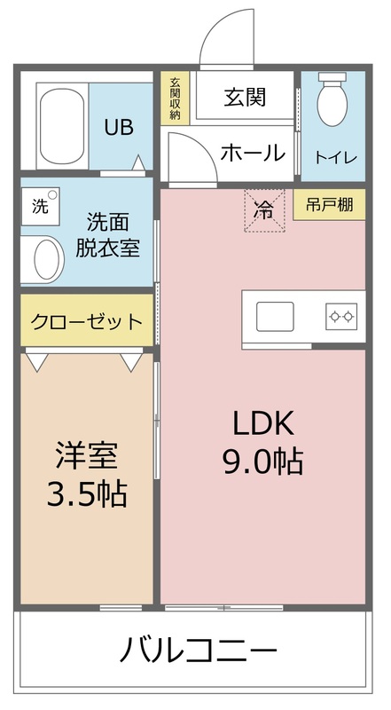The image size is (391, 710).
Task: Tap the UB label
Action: (119, 127)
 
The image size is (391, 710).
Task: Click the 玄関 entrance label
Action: (245, 98)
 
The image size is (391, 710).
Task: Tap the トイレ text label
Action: (336, 158)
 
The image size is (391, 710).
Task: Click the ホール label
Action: (253, 152)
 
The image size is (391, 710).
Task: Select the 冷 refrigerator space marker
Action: (264, 211)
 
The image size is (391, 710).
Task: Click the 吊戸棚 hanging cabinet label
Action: (329, 205)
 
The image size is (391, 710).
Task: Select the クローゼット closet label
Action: (86, 320)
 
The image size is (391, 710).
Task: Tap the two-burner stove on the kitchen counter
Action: (340, 315)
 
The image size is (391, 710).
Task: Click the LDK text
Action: (263, 423)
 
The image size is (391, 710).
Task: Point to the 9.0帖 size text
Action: (263, 461)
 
